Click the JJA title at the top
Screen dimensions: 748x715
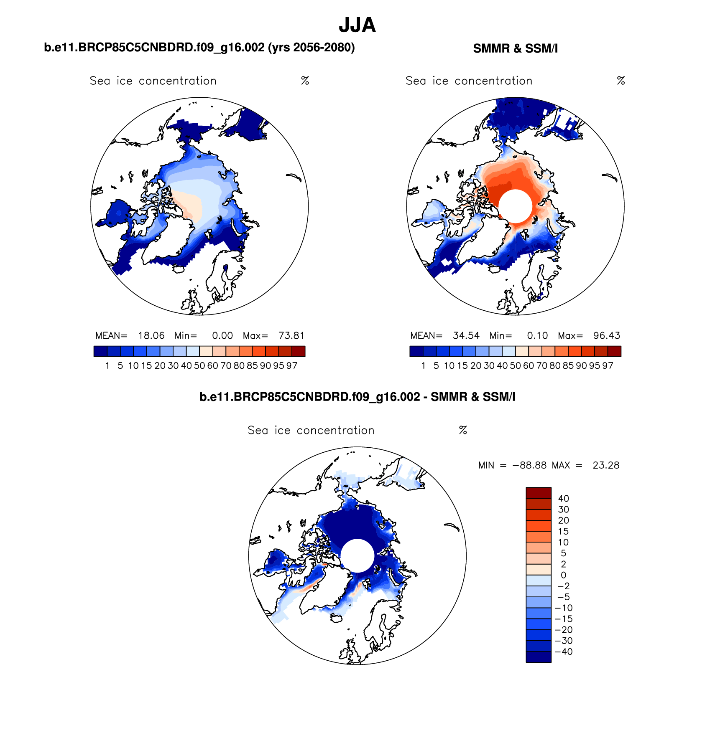coord(357,25)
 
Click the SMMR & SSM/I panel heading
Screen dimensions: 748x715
coord(515,49)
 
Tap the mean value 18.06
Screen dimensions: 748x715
coord(151,336)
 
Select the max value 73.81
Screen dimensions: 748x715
coord(291,336)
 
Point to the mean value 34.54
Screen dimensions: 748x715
coord(466,336)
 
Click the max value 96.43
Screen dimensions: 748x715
coord(607,336)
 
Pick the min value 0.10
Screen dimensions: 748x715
coord(537,336)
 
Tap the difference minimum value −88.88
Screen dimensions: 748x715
coord(529,465)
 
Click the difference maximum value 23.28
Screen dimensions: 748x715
coord(606,465)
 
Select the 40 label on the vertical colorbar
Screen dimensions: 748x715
coord(563,498)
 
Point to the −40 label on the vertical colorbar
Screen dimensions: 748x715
coord(563,652)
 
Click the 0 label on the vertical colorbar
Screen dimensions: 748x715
coord(563,575)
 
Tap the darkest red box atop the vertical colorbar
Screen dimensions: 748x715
coord(539,493)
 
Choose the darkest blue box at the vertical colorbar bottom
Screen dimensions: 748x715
coord(539,657)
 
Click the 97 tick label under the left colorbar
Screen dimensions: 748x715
coord(292,366)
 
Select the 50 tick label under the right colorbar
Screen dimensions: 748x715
coord(515,366)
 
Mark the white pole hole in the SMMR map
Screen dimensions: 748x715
coord(515,206)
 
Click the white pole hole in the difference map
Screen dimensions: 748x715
coord(357,555)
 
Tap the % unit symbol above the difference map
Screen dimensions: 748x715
coord(463,430)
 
